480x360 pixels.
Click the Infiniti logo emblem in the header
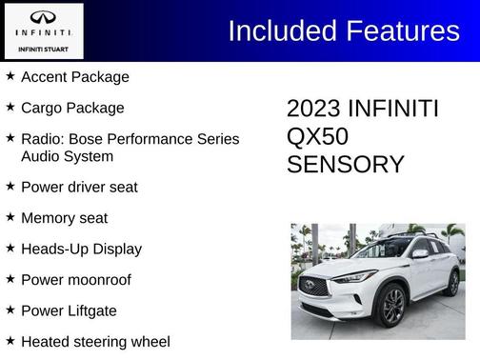43,17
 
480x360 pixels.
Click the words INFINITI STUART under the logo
43,48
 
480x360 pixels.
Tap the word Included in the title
289,30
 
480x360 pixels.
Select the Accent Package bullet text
74,76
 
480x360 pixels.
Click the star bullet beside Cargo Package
10,108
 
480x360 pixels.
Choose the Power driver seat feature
79,187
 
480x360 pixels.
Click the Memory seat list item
64,218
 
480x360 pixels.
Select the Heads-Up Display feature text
81,249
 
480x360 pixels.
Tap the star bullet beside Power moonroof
10,280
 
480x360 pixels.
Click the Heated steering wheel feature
95,341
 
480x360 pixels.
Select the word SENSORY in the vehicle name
345,165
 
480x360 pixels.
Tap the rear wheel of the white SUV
453,283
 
